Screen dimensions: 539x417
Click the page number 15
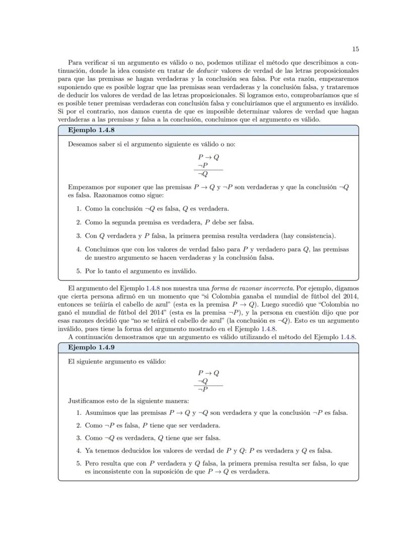355,49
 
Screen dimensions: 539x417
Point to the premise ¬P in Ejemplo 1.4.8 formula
203,165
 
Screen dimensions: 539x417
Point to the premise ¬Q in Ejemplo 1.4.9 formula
203,381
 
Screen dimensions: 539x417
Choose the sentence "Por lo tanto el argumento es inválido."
141,271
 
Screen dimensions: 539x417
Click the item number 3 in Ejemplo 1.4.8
79,236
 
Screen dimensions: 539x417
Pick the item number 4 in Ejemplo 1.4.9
79,450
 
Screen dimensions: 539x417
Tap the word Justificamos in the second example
87,401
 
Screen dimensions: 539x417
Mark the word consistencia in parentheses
312,236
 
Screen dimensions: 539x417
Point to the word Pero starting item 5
93,463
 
